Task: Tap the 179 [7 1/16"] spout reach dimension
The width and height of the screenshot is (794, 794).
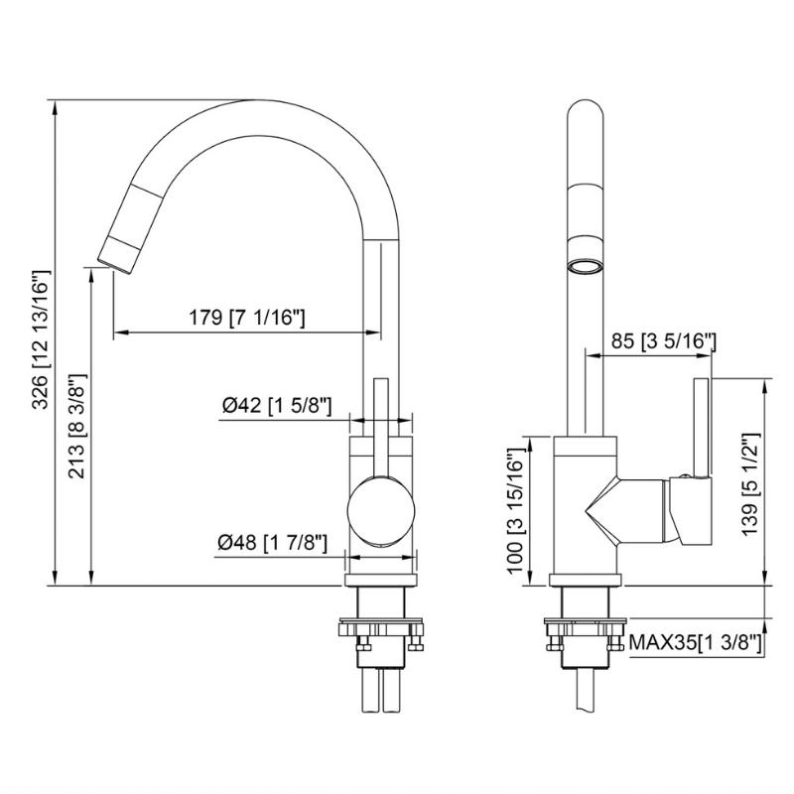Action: [246, 319]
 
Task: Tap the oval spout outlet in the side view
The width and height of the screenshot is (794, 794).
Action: [586, 266]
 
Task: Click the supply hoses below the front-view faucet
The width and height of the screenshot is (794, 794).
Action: [381, 690]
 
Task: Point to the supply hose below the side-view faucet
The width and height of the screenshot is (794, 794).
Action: [586, 690]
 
